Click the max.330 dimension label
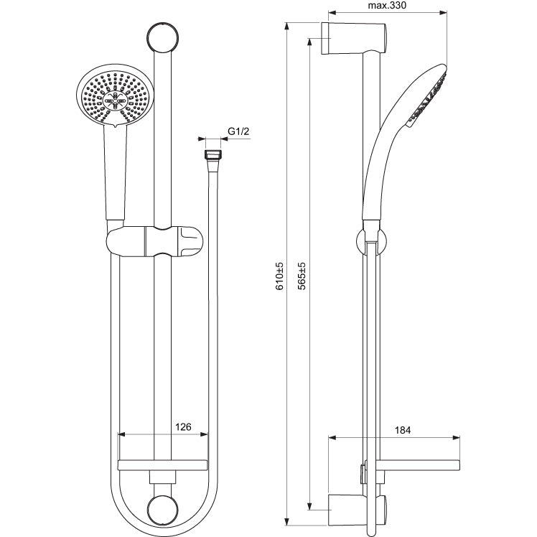click(x=387, y=6)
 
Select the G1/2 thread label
click(x=238, y=131)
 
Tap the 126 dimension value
click(x=183, y=427)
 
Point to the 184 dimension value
click(x=403, y=430)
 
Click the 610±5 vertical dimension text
click(x=280, y=276)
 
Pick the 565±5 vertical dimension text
click(x=302, y=276)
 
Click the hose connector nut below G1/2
click(x=213, y=154)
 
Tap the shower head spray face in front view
click(x=115, y=97)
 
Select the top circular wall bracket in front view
click(x=163, y=37)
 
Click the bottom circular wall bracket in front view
click(x=163, y=510)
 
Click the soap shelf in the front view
click(x=162, y=465)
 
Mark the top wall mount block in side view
click(x=354, y=38)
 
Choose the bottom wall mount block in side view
click(x=358, y=510)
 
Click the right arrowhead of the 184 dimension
click(x=456, y=437)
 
